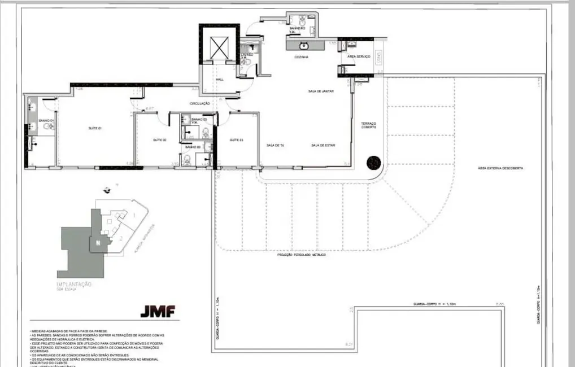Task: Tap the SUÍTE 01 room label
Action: (94, 128)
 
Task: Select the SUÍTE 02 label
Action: (159, 140)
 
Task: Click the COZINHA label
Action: (300, 57)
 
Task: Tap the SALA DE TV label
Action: (275, 146)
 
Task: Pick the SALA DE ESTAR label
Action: (323, 146)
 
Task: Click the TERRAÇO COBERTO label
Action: (369, 125)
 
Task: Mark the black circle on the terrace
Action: (373, 163)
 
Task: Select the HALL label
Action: (220, 80)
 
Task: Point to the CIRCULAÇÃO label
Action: (200, 103)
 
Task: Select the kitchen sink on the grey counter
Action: (304, 45)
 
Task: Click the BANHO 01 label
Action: (46, 121)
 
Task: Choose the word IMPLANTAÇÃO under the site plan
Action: (74, 285)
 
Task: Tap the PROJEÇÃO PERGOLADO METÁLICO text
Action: (301, 255)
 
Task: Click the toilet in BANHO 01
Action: (50, 127)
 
